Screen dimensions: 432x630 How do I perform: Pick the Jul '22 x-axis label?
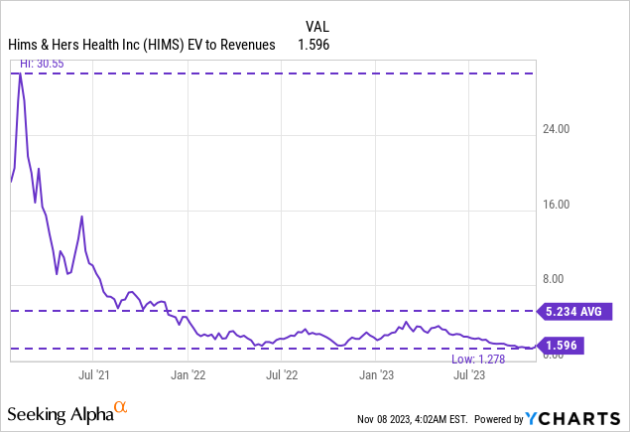coord(282,375)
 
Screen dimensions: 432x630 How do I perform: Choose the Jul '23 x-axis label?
coord(468,375)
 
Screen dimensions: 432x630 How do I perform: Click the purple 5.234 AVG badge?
coord(573,312)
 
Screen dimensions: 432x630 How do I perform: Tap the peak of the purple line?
coord(21,74)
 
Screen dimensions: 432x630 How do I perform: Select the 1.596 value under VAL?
coord(314,45)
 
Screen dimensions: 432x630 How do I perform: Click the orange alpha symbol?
coord(121,406)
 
